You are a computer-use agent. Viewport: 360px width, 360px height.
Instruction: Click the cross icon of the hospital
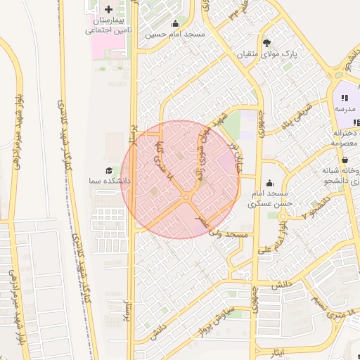point(108,9)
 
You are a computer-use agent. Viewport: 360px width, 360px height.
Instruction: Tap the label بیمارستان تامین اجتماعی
point(109,26)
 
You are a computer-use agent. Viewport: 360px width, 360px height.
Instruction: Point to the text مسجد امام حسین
point(175,34)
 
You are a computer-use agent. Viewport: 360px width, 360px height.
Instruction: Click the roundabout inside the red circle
point(186,199)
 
